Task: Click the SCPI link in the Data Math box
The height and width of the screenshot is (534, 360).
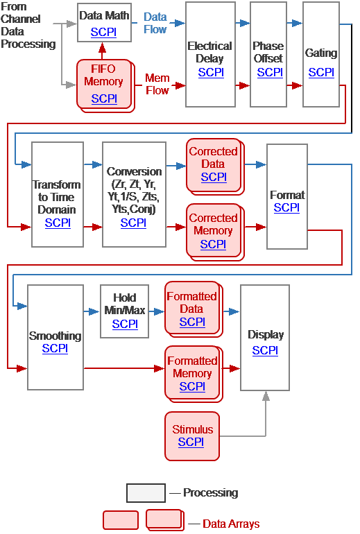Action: click(103, 32)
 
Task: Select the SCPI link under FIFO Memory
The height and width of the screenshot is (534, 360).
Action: click(103, 98)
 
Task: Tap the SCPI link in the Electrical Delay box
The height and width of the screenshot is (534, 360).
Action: click(210, 72)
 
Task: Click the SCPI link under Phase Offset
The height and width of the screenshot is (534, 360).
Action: click(269, 72)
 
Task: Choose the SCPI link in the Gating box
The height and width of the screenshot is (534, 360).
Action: click(321, 72)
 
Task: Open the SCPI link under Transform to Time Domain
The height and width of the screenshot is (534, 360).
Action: click(58, 223)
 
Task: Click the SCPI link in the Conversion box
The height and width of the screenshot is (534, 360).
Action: click(133, 223)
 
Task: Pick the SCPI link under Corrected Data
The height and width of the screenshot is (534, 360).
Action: click(214, 177)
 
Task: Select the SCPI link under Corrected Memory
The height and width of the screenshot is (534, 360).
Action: click(213, 244)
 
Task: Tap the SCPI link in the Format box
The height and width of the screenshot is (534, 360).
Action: click(286, 207)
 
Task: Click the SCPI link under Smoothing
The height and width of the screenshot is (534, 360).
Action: click(55, 348)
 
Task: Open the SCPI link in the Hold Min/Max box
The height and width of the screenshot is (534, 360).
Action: click(125, 324)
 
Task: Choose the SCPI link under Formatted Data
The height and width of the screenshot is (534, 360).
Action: click(192, 322)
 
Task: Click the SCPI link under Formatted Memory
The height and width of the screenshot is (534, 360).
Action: click(192, 386)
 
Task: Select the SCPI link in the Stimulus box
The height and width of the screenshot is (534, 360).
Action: click(191, 442)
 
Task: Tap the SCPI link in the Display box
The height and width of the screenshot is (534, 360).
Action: click(265, 350)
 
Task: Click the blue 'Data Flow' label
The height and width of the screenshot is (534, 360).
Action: click(155, 23)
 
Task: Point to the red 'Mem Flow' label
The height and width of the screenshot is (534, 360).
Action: click(157, 84)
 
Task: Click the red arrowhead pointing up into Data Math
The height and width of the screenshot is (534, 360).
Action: click(103, 48)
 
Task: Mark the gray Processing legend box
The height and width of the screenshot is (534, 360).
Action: click(146, 493)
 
